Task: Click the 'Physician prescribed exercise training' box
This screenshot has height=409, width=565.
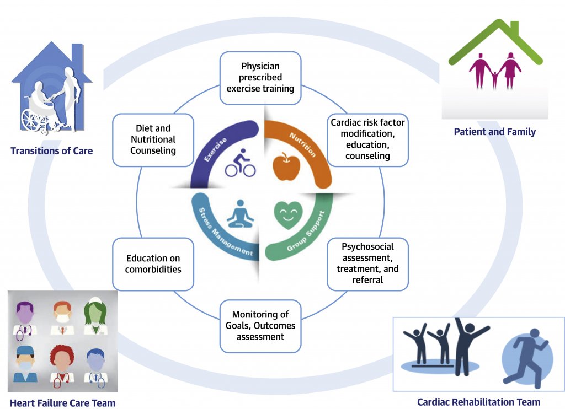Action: pos(260,78)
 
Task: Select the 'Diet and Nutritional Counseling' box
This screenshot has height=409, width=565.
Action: pos(153,139)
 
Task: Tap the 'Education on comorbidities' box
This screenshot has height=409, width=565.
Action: pos(153,264)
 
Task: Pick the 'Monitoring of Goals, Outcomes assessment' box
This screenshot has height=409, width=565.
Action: pos(260,326)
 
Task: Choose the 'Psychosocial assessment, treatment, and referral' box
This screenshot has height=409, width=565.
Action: pos(367,263)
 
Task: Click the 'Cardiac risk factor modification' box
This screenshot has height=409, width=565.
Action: pos(367,139)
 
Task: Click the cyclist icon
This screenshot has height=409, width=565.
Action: pos(241,163)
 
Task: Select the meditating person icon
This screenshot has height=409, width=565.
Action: pos(241,214)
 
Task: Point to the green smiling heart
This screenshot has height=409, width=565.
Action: pos(288,215)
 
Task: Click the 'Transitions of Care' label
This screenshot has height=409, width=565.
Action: pos(51,151)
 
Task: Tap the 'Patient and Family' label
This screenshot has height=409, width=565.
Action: pos(495,132)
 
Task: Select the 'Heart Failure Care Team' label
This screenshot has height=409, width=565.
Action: pos(63,403)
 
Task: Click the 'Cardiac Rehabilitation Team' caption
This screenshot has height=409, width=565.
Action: pos(478,402)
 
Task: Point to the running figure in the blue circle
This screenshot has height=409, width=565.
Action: pos(527,358)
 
